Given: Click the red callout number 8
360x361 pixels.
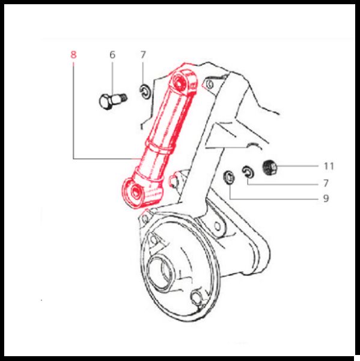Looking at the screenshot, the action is pos(73,55).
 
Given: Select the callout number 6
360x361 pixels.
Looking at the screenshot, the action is pos(112,55).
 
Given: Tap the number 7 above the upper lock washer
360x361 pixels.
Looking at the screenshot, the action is pos(143,55).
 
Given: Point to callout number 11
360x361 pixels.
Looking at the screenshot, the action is pos(329,166).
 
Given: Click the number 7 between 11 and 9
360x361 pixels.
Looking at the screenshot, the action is pos(326,184).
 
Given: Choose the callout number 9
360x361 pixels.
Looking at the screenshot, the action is pos(326,198).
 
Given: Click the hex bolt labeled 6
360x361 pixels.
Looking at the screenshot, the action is pos(113,100).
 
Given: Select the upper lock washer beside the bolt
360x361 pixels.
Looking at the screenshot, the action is pos(145,91).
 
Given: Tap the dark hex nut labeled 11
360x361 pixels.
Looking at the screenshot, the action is pos(270,167).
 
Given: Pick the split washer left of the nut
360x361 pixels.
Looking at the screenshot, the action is pos(248,171).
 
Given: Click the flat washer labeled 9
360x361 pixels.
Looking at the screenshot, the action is pos(229,177).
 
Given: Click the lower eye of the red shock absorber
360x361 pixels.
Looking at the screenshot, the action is pos(136,191).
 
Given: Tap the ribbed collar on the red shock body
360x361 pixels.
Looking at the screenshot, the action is pos(159,147).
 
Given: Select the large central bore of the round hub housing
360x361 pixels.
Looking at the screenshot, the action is pos(159,272).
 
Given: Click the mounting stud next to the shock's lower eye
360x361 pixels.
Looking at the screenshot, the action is pos(174,180).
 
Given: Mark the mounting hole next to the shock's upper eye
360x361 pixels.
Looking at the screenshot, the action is pos(209,84).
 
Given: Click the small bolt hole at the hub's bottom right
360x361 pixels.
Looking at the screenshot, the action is pos(196,298).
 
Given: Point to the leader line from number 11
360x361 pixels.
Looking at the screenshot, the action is pos(297,166).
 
